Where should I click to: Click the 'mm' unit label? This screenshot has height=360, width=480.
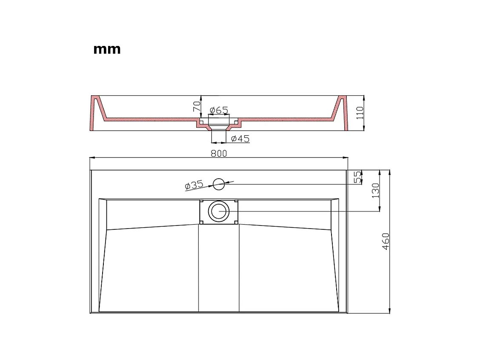pyautogui.click(x=107, y=49)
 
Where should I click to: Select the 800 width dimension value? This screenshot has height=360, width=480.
pyautogui.click(x=219, y=153)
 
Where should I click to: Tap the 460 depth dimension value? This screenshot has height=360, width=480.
pyautogui.click(x=386, y=241)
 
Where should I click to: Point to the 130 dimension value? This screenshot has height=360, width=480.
pyautogui.click(x=375, y=190)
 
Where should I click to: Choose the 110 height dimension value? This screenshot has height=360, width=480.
pyautogui.click(x=360, y=113)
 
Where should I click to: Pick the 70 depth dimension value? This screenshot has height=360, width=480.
pyautogui.click(x=197, y=106)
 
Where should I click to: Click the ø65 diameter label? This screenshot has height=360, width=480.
pyautogui.click(x=219, y=111)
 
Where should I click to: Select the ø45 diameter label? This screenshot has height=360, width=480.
pyautogui.click(x=240, y=139)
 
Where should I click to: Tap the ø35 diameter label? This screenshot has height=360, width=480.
pyautogui.click(x=194, y=185)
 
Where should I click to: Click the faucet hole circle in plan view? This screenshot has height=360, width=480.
pyautogui.click(x=219, y=184)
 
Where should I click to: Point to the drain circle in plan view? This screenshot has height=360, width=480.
pyautogui.click(x=219, y=211)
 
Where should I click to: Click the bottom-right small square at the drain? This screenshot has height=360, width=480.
pyautogui.click(x=236, y=222)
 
